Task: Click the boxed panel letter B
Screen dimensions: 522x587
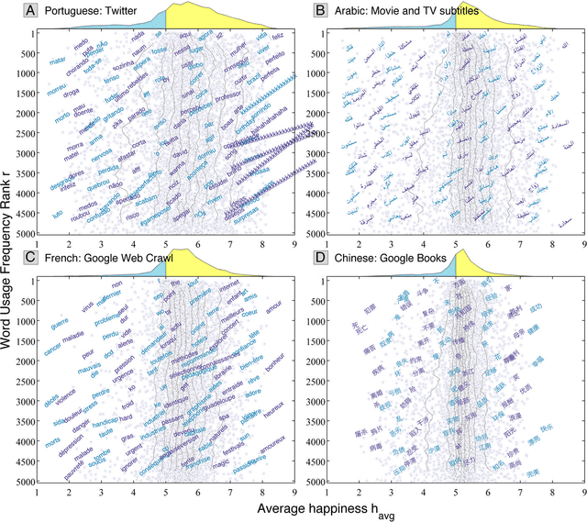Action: click(320, 10)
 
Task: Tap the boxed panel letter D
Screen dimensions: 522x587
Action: click(320, 259)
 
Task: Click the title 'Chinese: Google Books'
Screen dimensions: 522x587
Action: click(388, 259)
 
